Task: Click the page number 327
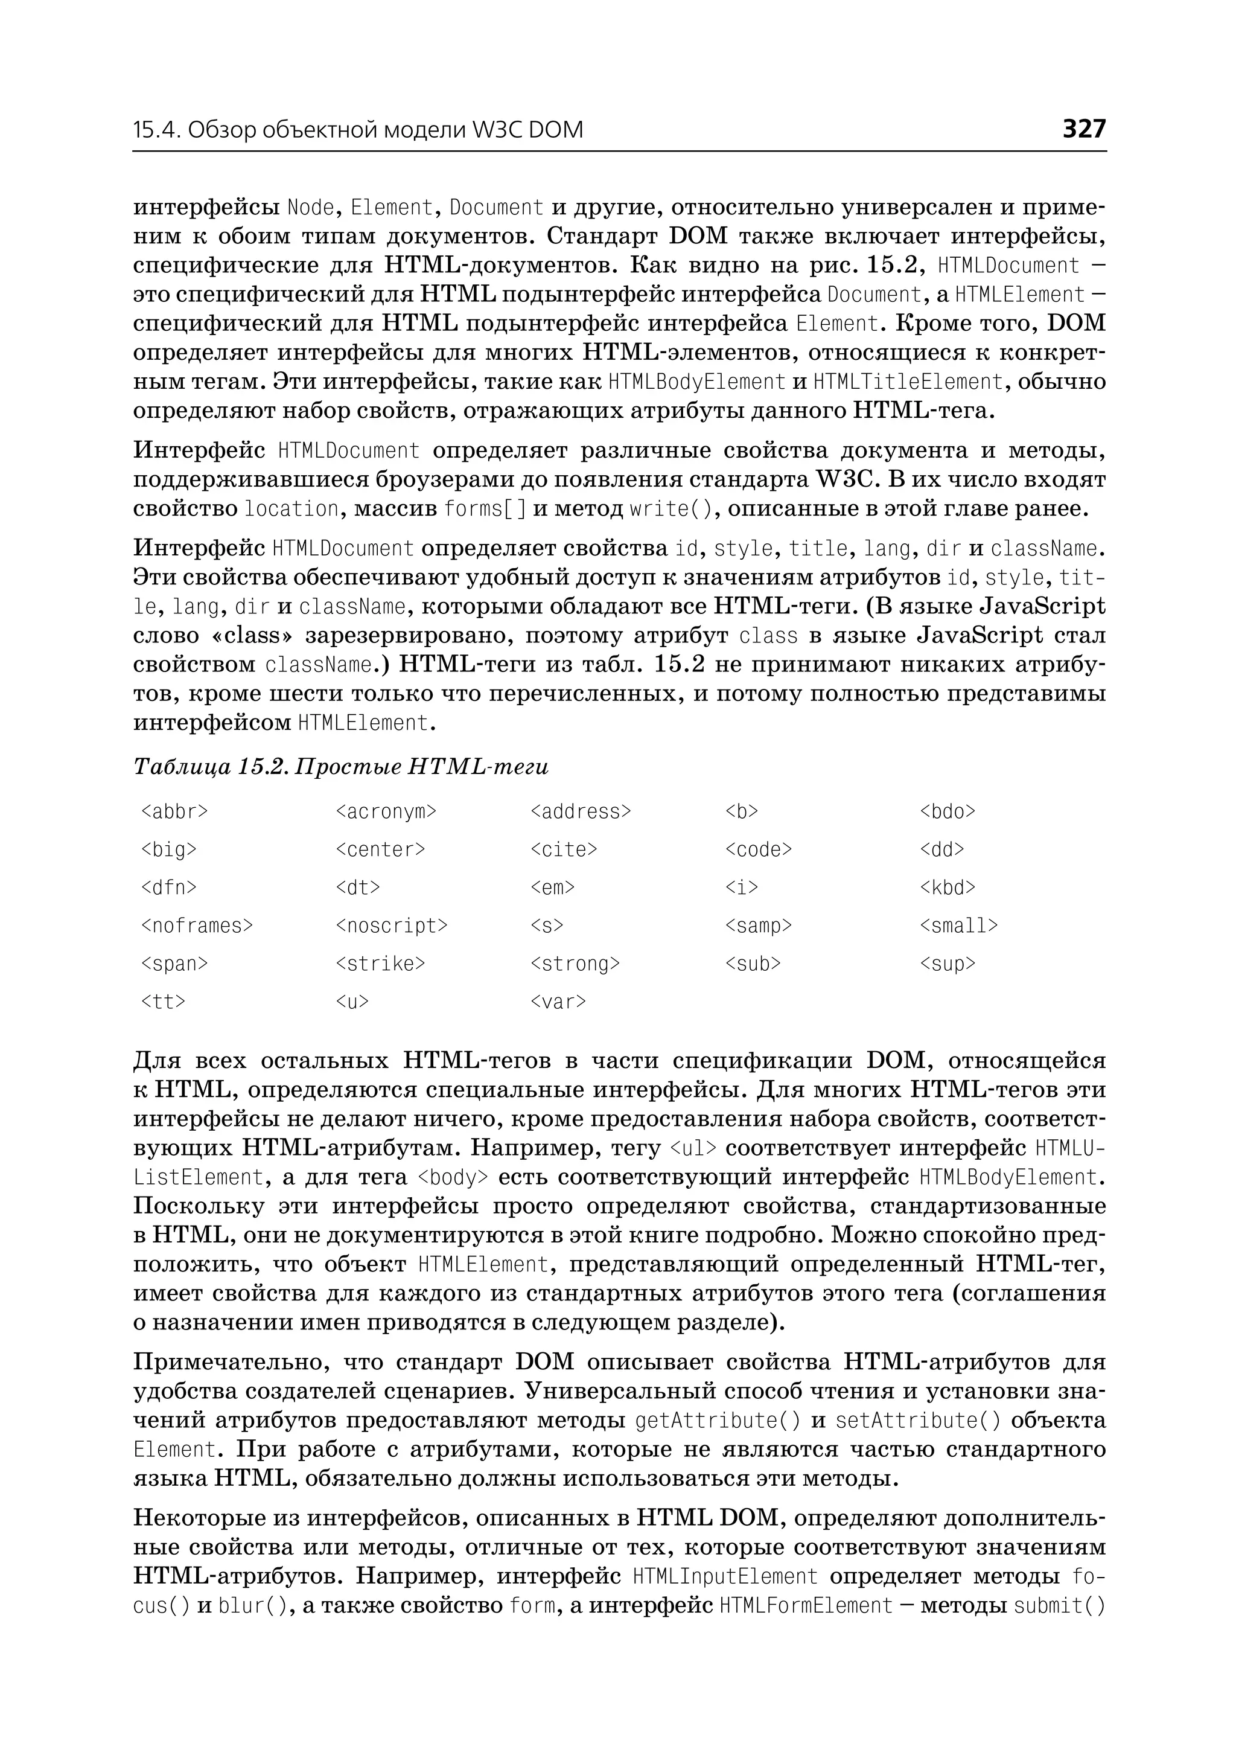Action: click(x=1083, y=129)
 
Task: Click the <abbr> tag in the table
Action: click(x=174, y=811)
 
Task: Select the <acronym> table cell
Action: click(x=386, y=811)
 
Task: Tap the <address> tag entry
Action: click(x=580, y=811)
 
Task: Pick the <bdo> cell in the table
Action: click(x=947, y=811)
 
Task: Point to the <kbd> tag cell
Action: click(x=947, y=888)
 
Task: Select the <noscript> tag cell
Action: click(x=391, y=926)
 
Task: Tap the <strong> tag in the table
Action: click(x=575, y=964)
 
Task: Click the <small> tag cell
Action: click(x=958, y=926)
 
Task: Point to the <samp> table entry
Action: click(x=758, y=926)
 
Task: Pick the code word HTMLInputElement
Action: click(x=725, y=1576)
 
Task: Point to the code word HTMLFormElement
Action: click(x=806, y=1606)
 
